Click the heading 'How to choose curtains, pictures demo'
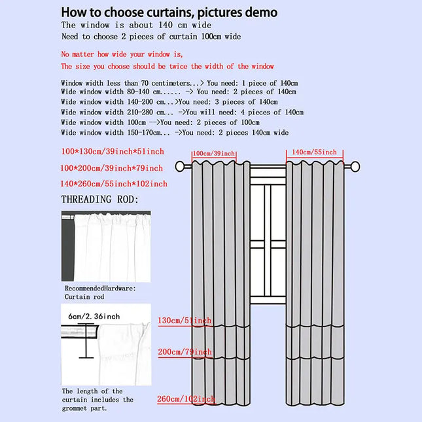tap(169, 12)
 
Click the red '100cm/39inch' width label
tap(214, 153)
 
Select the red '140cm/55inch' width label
tap(314, 152)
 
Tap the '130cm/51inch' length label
tap(185, 321)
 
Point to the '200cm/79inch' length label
tap(185, 352)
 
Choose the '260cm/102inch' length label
tap(186, 399)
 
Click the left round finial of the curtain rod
tap(180, 166)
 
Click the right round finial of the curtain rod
tap(355, 167)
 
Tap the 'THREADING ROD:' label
tap(100, 200)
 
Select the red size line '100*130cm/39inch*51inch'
tap(113, 151)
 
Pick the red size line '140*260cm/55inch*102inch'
tap(114, 184)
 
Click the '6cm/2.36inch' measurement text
tap(94, 316)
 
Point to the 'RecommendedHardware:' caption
tap(100, 289)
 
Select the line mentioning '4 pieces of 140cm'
tap(182, 112)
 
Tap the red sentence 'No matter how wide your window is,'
tap(122, 54)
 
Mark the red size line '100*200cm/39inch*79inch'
tap(111, 168)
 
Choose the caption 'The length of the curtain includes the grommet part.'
tap(97, 400)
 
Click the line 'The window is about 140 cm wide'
tap(136, 25)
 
